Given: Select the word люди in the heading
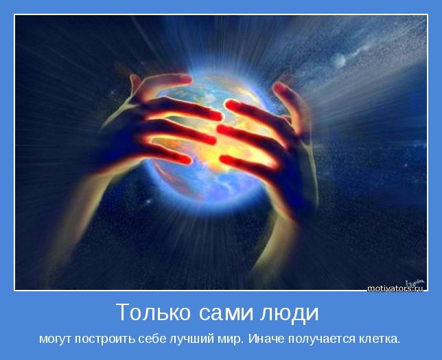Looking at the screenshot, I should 289,313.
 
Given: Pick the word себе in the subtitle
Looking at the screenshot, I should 157,339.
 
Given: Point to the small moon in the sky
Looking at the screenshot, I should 339,61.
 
